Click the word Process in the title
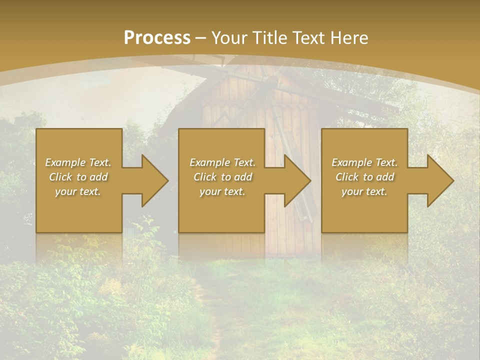(x=157, y=38)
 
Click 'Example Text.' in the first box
(x=78, y=162)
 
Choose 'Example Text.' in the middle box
(x=222, y=162)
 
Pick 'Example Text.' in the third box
(x=364, y=162)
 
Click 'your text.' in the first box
(x=78, y=191)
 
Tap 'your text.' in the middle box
(x=222, y=191)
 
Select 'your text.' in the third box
(x=364, y=191)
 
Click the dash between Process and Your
(x=201, y=38)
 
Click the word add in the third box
(x=385, y=177)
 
